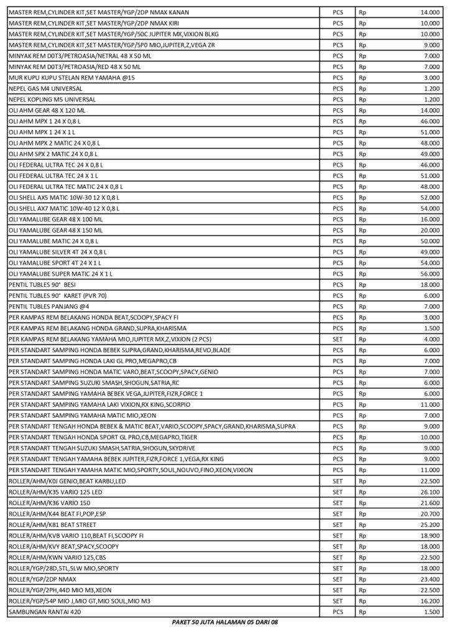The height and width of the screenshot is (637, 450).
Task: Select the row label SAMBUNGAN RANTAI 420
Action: click(x=45, y=612)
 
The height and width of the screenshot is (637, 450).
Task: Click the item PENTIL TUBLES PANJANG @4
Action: click(x=49, y=307)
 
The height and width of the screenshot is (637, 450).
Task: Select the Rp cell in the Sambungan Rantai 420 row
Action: click(x=363, y=612)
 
